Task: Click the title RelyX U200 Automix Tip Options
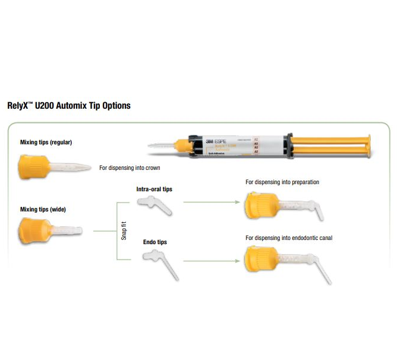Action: (68, 106)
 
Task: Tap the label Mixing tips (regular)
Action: (46, 142)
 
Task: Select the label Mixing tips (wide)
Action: (43, 209)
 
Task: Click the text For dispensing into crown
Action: (130, 168)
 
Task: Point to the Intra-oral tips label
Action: (154, 189)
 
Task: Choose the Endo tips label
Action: (155, 242)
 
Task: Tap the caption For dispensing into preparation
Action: (282, 182)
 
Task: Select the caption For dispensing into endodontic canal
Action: (289, 238)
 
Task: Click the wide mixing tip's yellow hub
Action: (34, 228)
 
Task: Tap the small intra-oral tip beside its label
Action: (154, 204)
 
